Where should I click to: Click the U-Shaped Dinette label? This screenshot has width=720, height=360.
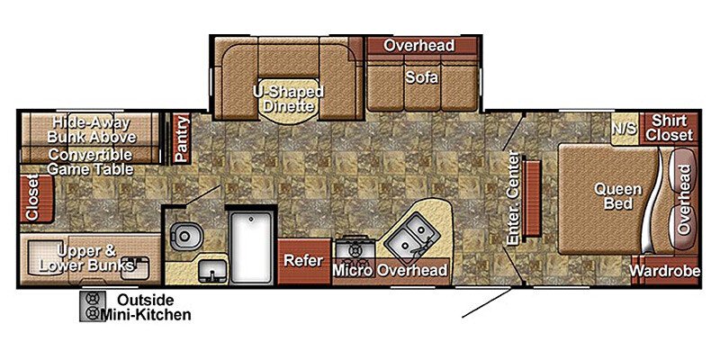(x=288, y=98)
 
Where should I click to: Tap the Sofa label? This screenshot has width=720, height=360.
(x=420, y=77)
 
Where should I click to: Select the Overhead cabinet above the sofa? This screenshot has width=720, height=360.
(x=419, y=46)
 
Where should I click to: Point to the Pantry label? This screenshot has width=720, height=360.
(x=181, y=138)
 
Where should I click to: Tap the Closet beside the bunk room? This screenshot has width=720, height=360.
(x=32, y=197)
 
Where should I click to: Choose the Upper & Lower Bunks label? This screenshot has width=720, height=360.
(x=90, y=258)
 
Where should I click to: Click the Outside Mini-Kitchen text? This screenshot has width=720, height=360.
(x=145, y=307)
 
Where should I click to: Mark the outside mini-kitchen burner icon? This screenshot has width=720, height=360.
(x=91, y=306)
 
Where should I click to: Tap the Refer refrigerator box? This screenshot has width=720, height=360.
(x=303, y=261)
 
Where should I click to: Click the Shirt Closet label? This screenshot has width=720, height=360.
(x=671, y=127)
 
